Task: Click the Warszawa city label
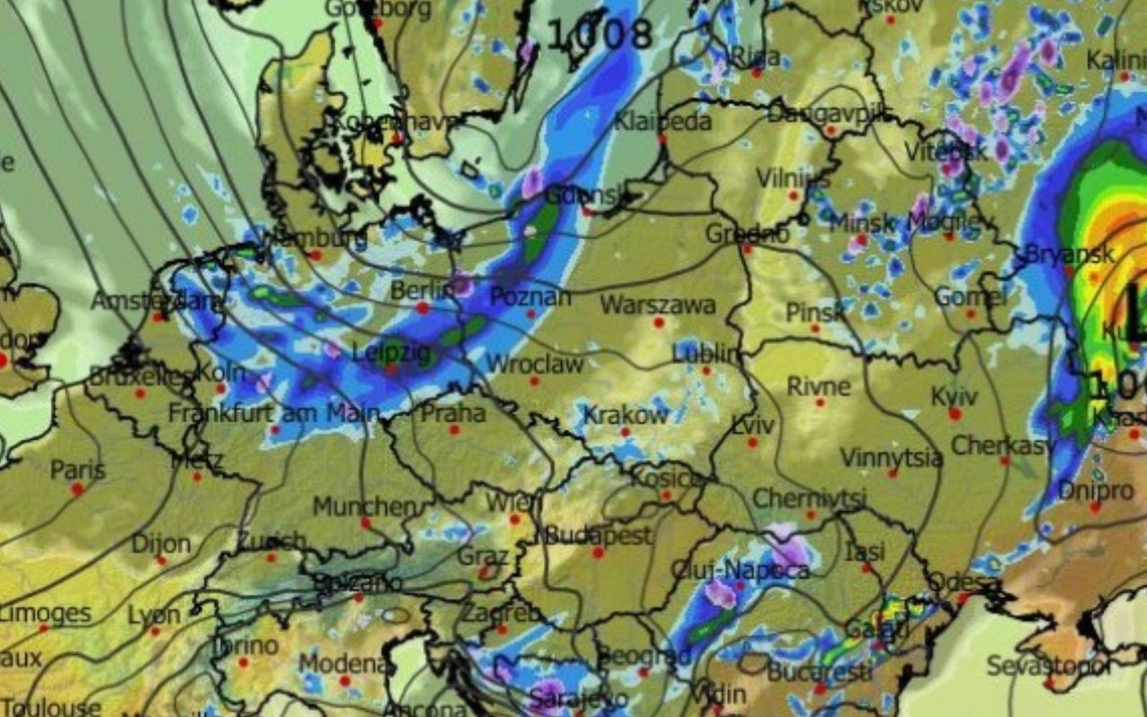tap(658, 305)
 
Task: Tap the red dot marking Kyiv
tap(955, 413)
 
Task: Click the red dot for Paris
tap(78, 488)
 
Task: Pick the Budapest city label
tap(598, 536)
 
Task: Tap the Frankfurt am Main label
tap(274, 414)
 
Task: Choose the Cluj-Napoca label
tap(741, 570)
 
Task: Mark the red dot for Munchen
tap(366, 523)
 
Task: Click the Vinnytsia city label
tap(891, 458)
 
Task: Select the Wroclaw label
tap(534, 364)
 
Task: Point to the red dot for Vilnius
tap(793, 194)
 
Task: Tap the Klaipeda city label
tap(663, 122)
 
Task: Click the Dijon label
tap(161, 544)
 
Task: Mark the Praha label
tap(453, 413)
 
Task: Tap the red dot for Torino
tap(243, 662)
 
